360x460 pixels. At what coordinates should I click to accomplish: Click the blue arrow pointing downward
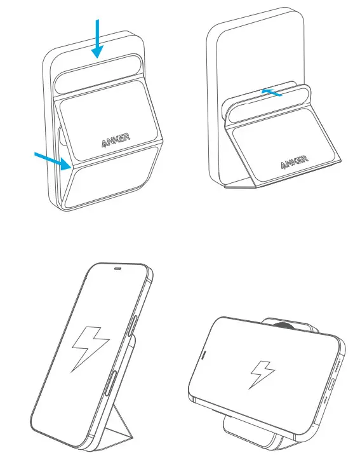point(97,38)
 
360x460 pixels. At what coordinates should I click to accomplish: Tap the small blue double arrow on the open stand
point(272,92)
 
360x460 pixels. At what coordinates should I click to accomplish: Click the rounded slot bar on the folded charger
point(95,83)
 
